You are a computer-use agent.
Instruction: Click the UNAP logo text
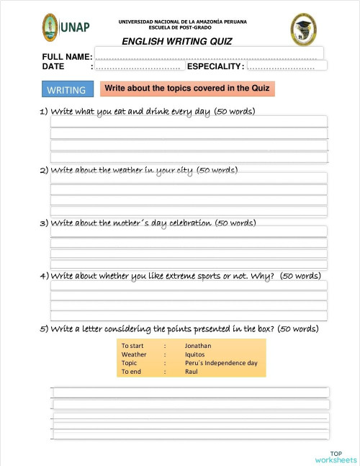75,27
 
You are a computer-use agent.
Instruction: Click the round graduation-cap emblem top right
303,29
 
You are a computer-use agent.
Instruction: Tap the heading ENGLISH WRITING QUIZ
177,42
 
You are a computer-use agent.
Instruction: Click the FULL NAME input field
209,54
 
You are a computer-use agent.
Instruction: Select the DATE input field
138,66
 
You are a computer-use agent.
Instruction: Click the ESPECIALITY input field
287,66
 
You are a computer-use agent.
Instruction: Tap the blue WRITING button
66,90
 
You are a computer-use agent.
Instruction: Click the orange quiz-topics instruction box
188,89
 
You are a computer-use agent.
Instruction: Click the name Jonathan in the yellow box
198,346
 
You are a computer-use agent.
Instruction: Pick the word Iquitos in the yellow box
195,354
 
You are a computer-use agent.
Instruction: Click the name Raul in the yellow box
191,372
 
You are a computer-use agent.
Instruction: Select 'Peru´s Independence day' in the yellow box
220,363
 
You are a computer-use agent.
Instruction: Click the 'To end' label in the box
132,372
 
